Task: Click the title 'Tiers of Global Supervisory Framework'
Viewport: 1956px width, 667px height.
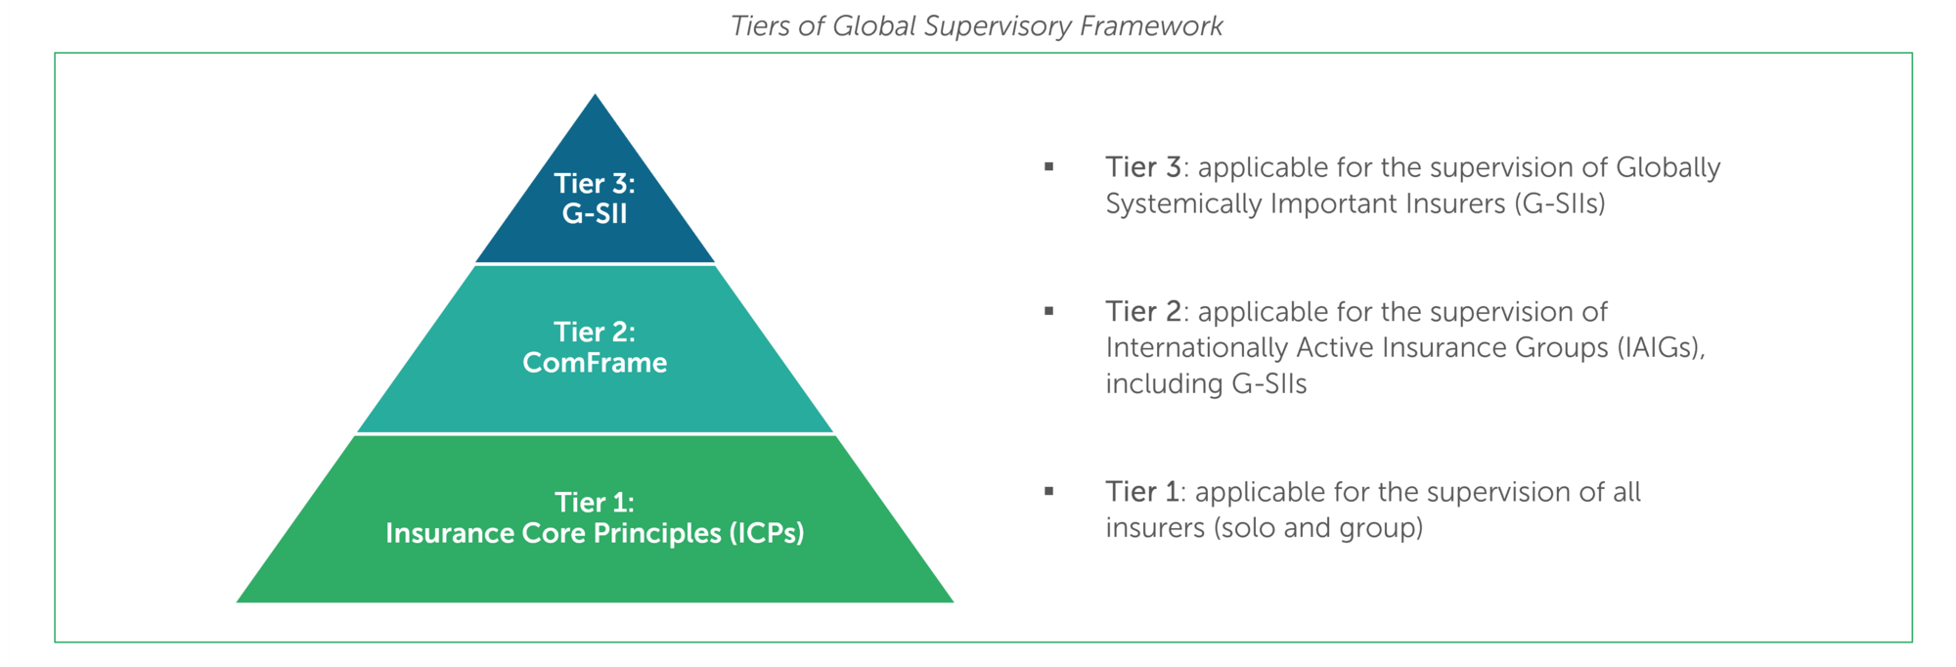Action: (976, 26)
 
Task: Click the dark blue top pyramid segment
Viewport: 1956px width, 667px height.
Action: (595, 196)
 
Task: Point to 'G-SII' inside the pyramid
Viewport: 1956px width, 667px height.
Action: (595, 214)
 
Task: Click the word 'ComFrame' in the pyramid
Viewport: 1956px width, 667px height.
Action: (595, 363)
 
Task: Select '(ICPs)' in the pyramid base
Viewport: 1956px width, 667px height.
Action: (767, 533)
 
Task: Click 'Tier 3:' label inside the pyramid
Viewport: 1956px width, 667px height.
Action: (595, 183)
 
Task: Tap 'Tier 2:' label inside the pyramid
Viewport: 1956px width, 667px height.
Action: (595, 332)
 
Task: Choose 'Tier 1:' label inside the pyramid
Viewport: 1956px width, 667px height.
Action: (595, 502)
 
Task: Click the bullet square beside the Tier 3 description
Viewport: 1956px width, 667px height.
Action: (1048, 167)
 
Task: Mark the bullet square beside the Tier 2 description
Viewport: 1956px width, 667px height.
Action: (1048, 312)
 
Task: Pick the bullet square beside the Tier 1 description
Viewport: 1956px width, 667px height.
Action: (1048, 492)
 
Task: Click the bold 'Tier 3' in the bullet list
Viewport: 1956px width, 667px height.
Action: (1143, 167)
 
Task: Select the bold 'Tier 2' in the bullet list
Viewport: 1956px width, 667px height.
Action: (1143, 312)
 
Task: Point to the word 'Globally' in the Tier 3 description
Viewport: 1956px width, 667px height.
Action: (1667, 168)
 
